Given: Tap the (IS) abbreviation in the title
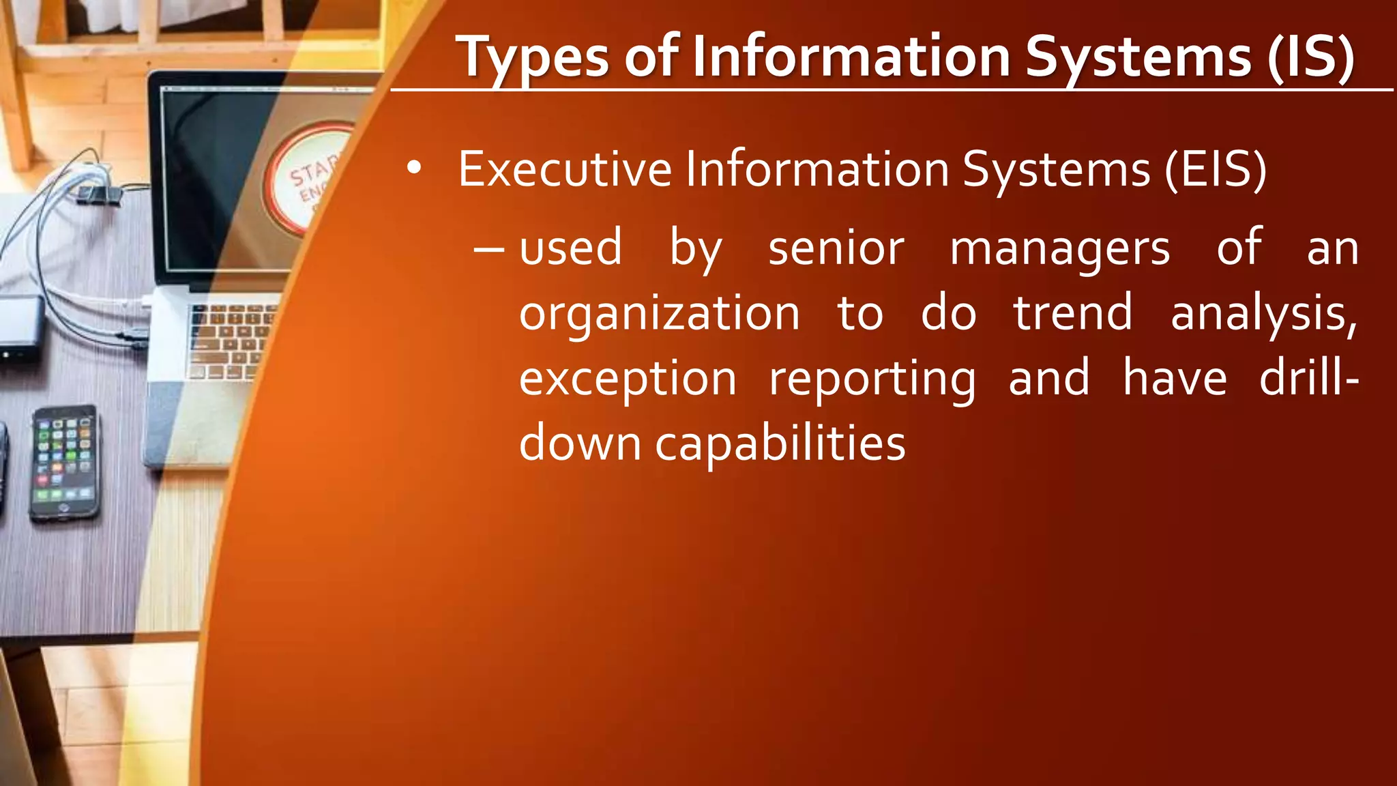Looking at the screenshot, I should pyautogui.click(x=1310, y=58).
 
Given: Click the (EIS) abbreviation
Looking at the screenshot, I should pyautogui.click(x=1216, y=169).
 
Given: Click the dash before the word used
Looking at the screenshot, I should pyautogui.click(x=489, y=250).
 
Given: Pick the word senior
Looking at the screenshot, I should pyautogui.click(x=836, y=248).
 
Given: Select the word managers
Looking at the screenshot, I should pyautogui.click(x=1060, y=250).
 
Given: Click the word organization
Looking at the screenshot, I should pyautogui.click(x=659, y=315).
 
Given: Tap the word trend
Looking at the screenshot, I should pyautogui.click(x=1072, y=313).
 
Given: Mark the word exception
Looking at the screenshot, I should pyautogui.click(x=628, y=379).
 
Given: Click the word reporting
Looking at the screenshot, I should pyautogui.click(x=872, y=379).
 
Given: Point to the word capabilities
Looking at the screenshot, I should pyautogui.click(x=780, y=444).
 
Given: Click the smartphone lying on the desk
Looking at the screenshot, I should pyautogui.click(x=65, y=463).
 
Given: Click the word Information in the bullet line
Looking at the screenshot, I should pyautogui.click(x=817, y=169).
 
